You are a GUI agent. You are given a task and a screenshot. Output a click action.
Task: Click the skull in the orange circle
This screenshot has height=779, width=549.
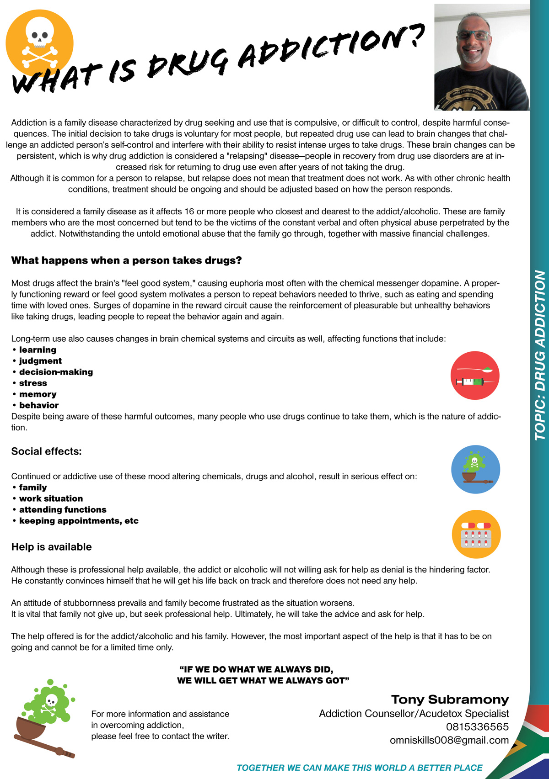coord(39,35)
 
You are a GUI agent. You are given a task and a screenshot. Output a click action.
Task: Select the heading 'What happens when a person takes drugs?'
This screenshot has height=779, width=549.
coord(126,260)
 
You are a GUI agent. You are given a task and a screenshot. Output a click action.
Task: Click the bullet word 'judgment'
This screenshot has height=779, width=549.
coord(40,361)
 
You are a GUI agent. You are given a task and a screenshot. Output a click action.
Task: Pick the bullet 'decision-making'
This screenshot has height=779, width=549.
coord(56,372)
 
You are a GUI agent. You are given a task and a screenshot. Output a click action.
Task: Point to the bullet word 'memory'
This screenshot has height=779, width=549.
coord(38,394)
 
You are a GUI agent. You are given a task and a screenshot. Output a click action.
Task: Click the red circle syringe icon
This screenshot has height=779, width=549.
coord(475,376)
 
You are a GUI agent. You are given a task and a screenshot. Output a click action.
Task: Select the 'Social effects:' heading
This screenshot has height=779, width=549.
coord(46,451)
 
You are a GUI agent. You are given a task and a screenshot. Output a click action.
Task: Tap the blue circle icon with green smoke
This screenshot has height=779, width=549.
coord(475,469)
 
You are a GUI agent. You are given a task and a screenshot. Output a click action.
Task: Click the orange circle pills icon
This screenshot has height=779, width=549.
coord(476,534)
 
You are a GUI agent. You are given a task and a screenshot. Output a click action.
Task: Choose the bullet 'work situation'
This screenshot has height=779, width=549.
coord(51,498)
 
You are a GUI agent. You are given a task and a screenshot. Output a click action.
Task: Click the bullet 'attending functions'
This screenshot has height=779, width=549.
coord(63,509)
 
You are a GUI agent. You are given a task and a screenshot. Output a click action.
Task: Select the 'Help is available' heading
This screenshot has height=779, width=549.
coord(51,547)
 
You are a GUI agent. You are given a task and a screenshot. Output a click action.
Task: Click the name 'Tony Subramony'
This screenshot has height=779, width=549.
coord(450,700)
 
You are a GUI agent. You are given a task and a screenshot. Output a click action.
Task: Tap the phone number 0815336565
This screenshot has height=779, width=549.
coord(477,727)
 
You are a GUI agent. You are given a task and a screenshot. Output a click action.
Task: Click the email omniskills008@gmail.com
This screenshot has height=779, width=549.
coord(449,740)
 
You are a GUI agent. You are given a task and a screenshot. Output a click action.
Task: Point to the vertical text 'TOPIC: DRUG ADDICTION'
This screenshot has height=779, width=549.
coord(540,355)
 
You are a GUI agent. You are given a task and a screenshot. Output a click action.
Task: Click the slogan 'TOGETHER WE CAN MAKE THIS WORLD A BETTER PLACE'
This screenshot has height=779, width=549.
coord(359,768)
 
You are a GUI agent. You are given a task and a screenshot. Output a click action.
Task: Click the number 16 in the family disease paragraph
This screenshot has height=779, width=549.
coord(189,212)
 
